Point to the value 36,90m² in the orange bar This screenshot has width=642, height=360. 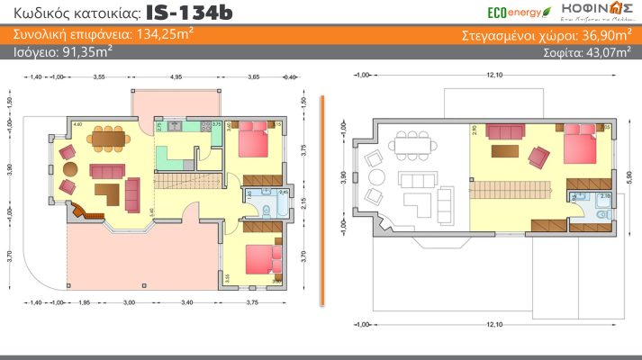point(601,35)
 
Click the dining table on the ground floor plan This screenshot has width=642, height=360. point(113,139)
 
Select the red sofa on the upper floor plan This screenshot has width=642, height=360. point(504,133)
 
